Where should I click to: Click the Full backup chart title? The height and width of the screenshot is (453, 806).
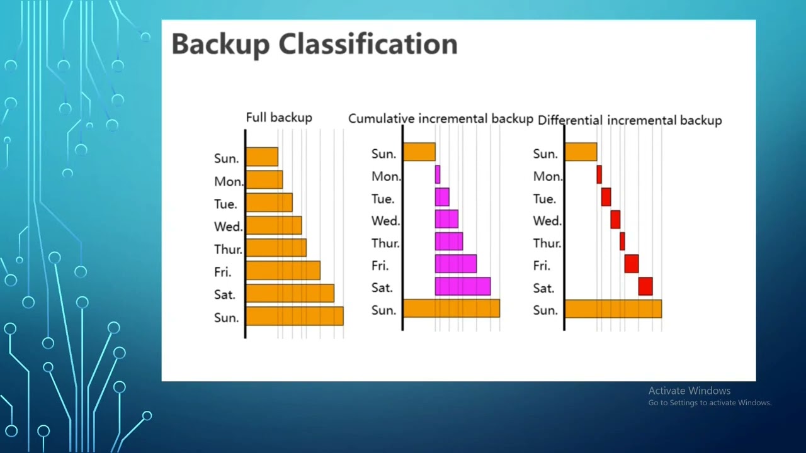point(278,118)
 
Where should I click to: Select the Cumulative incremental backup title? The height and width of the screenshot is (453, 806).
point(440,118)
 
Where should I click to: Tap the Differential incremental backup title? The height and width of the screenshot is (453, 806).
point(630,120)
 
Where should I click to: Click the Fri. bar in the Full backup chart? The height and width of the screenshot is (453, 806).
point(283,271)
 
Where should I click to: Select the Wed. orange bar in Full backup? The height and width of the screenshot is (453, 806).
point(273,225)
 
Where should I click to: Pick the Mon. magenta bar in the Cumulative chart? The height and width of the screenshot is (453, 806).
point(438,174)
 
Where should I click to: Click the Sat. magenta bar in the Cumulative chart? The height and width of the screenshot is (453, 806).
point(462,286)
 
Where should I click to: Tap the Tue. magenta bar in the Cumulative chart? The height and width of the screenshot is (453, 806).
point(442,197)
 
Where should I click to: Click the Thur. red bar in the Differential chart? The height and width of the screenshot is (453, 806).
point(622,242)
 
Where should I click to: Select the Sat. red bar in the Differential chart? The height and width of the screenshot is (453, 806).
point(645,286)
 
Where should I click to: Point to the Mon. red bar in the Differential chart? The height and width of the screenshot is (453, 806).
point(599,174)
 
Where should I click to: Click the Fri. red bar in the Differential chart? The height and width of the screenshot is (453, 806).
point(632,264)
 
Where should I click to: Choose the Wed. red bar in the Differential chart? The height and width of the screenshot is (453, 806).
point(615,220)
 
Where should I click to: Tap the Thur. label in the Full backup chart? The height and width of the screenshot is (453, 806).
point(228,249)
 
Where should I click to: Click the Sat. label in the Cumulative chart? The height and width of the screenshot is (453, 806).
point(382,288)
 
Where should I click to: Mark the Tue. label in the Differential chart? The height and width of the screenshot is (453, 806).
point(544,199)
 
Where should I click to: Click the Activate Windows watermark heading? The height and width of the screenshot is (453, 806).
point(690,391)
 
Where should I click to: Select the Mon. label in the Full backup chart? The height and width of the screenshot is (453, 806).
point(229,182)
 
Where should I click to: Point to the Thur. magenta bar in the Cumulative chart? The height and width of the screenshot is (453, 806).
point(448,242)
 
